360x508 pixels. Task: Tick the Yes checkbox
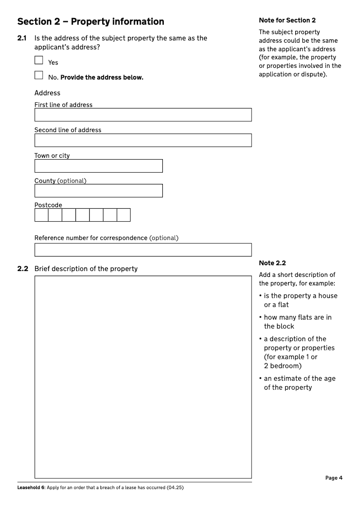coord(39,60)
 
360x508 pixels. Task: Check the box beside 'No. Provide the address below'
coord(39,75)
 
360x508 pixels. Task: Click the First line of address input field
coord(143,115)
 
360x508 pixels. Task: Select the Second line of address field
coord(143,140)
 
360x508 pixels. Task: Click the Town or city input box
coord(98,166)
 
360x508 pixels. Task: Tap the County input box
coord(98,191)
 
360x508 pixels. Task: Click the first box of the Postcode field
coord(41,215)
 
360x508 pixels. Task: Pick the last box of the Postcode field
coord(123,215)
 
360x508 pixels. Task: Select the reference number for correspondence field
coord(143,250)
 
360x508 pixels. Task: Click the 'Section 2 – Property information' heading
coord(90,22)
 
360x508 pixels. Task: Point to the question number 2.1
coord(22,38)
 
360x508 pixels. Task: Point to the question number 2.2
coord(22,269)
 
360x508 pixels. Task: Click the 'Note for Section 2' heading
coord(287,20)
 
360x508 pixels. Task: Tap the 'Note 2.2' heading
coord(272,263)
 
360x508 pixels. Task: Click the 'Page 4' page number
coord(334,478)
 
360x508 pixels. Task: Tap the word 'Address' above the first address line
coord(47,93)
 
